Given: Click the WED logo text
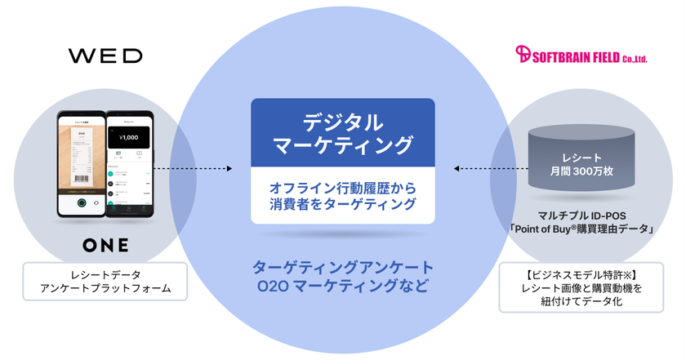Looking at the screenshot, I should [x=105, y=56].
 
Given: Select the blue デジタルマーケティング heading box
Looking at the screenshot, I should [x=342, y=134].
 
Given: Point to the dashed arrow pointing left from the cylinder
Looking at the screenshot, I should [x=483, y=169].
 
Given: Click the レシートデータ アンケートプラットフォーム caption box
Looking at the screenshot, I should [x=104, y=282].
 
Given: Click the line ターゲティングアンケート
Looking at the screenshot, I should [x=343, y=269].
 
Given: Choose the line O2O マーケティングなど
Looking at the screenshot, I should [x=343, y=287].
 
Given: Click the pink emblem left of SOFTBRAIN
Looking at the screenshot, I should [x=524, y=55].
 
